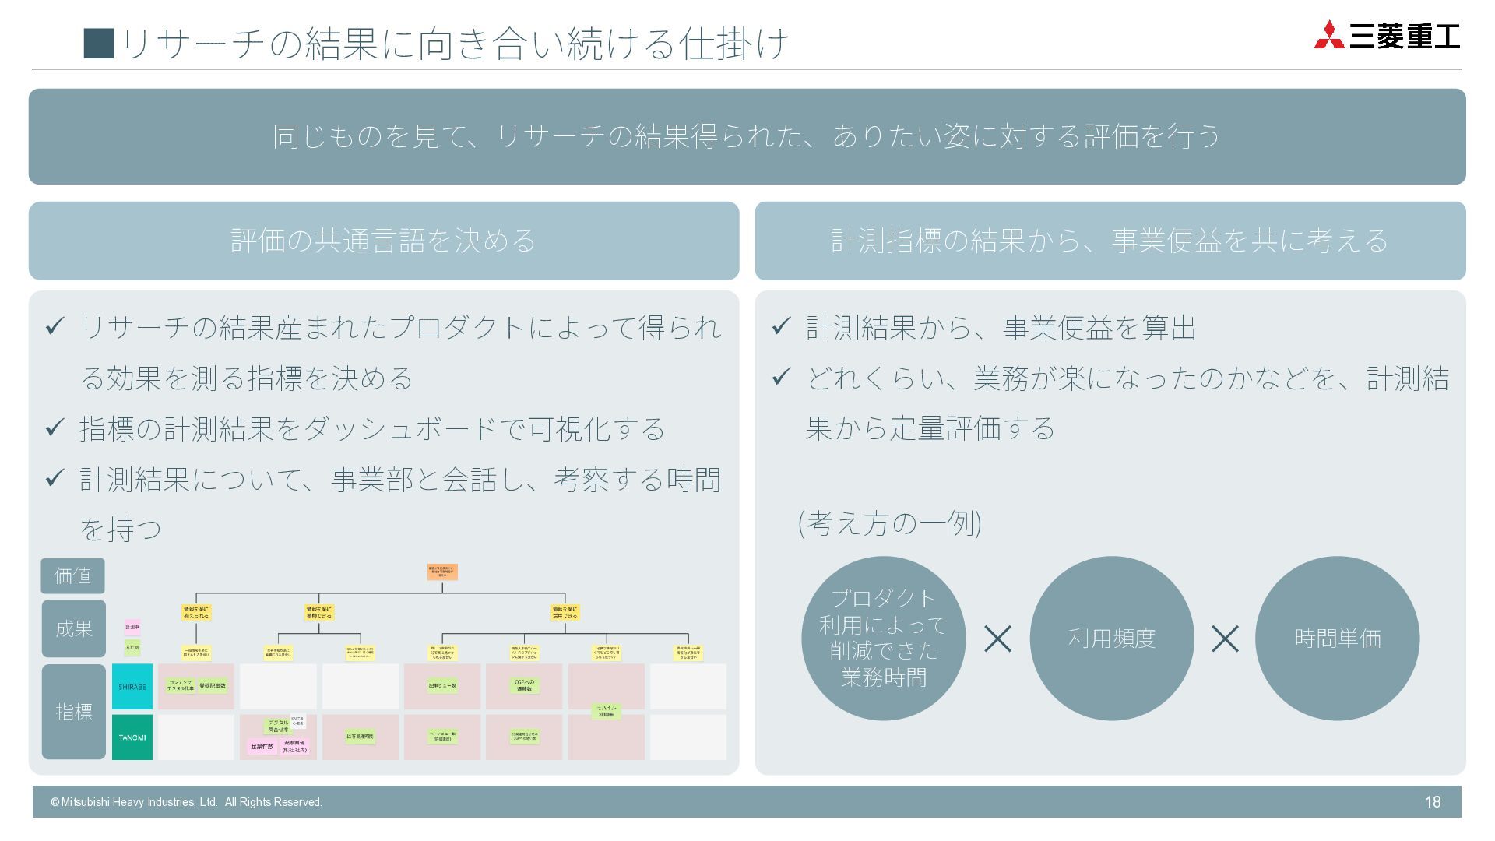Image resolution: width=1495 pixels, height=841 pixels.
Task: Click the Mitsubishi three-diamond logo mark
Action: point(1329,36)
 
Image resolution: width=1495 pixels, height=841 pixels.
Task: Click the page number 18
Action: point(1432,802)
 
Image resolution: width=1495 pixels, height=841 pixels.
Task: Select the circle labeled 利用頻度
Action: point(1111,639)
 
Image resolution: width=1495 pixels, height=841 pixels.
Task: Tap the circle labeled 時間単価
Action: point(1337,639)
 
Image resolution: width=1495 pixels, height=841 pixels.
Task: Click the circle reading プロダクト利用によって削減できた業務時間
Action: point(883,639)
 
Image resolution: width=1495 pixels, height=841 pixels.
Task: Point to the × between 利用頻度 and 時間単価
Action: point(1225,639)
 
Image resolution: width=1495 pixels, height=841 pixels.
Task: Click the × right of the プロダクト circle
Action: point(997,639)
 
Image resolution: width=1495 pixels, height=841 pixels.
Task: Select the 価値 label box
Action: point(72,576)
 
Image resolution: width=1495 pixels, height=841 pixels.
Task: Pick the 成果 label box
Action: point(74,628)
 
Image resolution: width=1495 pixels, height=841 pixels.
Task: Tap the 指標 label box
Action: point(74,712)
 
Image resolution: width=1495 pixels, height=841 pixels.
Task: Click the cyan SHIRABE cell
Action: point(132,687)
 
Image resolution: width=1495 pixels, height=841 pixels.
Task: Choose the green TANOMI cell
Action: point(132,737)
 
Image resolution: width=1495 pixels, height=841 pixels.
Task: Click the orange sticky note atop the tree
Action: point(442,572)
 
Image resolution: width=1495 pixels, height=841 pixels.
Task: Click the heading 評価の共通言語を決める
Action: point(383,241)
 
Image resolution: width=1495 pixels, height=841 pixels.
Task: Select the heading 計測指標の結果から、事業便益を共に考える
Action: point(1110,241)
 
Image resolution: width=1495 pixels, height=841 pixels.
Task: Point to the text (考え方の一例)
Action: point(889,523)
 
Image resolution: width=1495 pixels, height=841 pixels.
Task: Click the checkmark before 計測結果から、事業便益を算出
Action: point(781,326)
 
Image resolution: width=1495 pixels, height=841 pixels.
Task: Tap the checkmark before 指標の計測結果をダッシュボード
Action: point(55,428)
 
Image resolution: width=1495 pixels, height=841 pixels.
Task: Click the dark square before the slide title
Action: point(99,44)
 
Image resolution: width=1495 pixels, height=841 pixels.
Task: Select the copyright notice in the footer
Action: point(186,802)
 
